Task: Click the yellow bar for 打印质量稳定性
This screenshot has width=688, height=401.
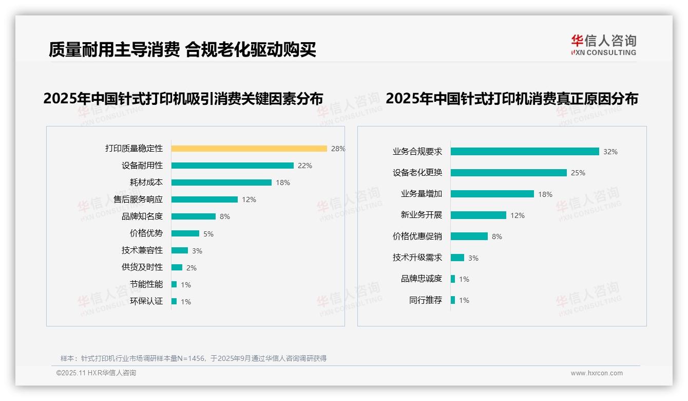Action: click(x=249, y=149)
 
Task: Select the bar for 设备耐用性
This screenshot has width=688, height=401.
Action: click(x=232, y=166)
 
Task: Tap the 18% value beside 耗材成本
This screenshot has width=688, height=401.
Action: click(x=283, y=183)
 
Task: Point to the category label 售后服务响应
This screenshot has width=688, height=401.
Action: click(x=138, y=199)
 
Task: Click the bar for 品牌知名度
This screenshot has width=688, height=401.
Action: click(x=194, y=216)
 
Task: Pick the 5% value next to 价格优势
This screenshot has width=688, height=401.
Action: click(x=208, y=234)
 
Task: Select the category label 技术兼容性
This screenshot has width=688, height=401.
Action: click(x=142, y=250)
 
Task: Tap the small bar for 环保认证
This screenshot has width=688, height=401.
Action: click(x=174, y=301)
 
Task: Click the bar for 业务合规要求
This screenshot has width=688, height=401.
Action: click(x=525, y=152)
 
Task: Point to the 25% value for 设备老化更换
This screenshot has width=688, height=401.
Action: click(x=578, y=173)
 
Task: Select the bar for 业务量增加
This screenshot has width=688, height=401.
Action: click(x=492, y=194)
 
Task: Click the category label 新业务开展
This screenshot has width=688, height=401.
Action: click(x=422, y=215)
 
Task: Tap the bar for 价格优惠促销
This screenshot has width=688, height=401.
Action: click(x=469, y=236)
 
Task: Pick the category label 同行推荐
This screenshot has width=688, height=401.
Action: click(x=426, y=300)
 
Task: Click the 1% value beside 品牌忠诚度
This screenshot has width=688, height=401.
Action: click(x=464, y=279)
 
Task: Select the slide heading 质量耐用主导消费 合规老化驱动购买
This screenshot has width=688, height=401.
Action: click(x=182, y=49)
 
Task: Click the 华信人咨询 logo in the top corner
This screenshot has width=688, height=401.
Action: click(x=603, y=45)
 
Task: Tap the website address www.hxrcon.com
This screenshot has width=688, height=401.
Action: click(x=597, y=373)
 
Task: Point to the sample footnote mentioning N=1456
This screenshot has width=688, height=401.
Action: click(x=194, y=358)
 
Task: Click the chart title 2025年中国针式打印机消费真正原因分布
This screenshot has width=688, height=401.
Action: click(x=511, y=99)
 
